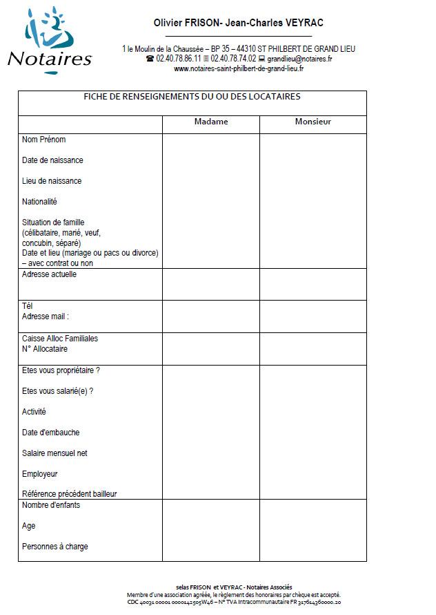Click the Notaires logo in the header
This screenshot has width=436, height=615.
click(50, 38)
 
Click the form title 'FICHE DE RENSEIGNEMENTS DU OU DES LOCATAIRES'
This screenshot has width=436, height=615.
click(192, 97)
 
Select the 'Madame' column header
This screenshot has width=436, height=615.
click(211, 122)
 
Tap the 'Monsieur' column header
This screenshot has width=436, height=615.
click(313, 122)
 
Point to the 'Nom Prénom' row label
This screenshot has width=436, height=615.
click(44, 140)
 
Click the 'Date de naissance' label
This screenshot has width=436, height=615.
click(52, 160)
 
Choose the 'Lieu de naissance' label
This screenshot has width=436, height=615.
click(52, 181)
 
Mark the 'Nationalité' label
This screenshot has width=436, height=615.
click(39, 202)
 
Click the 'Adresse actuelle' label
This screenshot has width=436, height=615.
click(49, 274)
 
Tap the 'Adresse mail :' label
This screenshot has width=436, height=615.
click(46, 316)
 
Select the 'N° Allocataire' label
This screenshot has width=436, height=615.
click(45, 349)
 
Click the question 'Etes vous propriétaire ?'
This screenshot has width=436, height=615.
click(61, 370)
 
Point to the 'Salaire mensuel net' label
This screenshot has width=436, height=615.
click(54, 453)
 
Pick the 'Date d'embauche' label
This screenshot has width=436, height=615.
click(50, 433)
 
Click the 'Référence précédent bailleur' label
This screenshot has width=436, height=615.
click(70, 494)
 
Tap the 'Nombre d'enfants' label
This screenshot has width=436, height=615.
click(51, 505)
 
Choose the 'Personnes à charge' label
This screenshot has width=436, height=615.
click(55, 547)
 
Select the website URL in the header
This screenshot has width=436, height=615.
click(239, 68)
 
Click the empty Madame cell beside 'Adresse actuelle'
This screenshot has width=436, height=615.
click(211, 284)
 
